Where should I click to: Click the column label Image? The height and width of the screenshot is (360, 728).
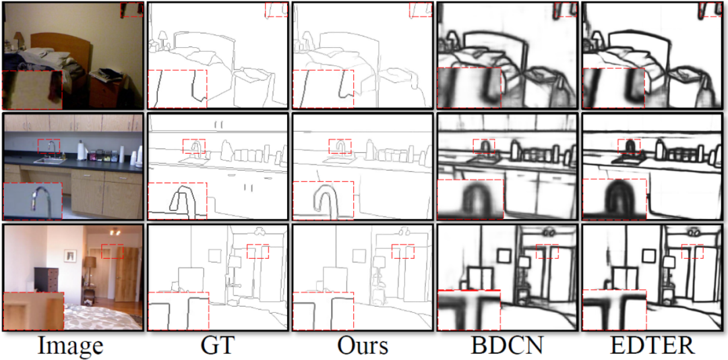coord(71,346)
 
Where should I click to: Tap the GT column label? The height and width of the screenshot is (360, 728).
coord(217,346)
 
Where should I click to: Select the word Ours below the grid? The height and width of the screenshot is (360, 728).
coord(362,346)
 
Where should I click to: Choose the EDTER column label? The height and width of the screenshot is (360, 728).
coord(653,346)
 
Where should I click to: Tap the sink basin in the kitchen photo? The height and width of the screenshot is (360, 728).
coord(49,161)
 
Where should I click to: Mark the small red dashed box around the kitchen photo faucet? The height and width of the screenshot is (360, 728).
coord(49,146)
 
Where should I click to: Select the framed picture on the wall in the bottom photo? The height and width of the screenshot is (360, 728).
coord(70,255)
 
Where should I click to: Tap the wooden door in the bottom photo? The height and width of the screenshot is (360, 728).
coord(127,274)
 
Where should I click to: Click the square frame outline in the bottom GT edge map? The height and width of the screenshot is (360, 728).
coord(216,256)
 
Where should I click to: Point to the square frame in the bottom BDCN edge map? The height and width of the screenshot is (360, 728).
coord(504,256)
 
